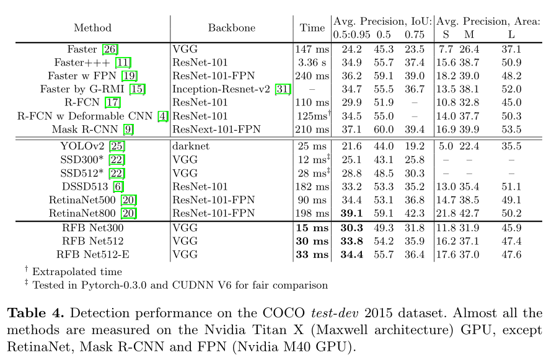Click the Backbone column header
231,28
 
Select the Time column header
312,28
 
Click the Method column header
92,28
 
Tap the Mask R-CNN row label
85,129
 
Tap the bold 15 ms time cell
312,228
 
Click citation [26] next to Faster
110,49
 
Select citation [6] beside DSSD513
118,187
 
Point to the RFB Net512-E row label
92,254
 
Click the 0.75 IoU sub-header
414,34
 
